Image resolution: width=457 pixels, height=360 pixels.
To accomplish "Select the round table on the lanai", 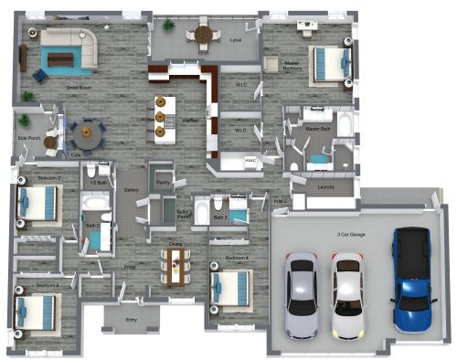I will [202, 36].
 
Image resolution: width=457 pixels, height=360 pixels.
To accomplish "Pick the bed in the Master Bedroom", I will [329, 63].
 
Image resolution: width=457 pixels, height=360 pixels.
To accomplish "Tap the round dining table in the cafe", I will [87, 136].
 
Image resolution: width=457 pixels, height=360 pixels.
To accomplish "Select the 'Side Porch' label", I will [27, 138].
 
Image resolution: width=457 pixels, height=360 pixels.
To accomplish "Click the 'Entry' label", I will [132, 320].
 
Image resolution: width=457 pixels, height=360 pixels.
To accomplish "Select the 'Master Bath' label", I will [318, 130].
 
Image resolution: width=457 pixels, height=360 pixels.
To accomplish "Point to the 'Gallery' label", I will [131, 190].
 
